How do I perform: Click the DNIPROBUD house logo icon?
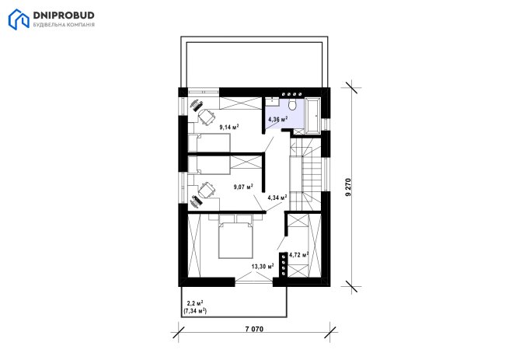(19, 19)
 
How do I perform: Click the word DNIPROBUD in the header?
(64, 16)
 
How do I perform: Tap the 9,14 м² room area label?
(229, 127)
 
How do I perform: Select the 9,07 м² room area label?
(243, 187)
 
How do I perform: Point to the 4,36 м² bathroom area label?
(277, 119)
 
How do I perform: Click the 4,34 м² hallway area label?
(277, 197)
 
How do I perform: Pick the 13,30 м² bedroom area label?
(263, 267)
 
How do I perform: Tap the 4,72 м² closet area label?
(298, 255)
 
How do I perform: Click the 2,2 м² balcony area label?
(195, 303)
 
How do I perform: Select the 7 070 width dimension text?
(254, 329)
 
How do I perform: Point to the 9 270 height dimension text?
(348, 187)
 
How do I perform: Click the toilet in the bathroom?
(293, 104)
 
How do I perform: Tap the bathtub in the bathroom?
(313, 116)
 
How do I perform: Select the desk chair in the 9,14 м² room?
(207, 117)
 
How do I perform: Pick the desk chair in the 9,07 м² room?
(207, 190)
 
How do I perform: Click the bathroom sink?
(272, 101)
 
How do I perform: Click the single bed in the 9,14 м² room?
(209, 143)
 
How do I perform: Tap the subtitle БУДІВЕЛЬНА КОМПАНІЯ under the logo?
(64, 25)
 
